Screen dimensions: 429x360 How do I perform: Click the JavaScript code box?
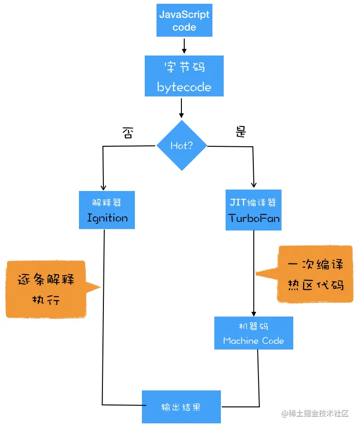pos(184,21)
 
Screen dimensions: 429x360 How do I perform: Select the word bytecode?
pos(184,87)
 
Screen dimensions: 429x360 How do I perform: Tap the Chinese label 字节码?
pos(184,67)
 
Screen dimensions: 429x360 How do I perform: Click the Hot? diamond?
pos(181,145)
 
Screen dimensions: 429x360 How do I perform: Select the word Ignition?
pos(107,218)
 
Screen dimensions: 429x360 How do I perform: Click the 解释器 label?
pos(107,202)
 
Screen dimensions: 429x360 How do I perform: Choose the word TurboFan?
pos(254,218)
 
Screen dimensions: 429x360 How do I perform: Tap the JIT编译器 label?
pos(254,203)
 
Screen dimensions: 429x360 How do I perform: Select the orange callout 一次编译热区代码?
pos(315,274)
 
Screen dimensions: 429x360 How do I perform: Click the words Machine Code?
pos(253,341)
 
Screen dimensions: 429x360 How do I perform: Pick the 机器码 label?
pos(253,326)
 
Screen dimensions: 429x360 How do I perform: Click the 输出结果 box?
pos(181,407)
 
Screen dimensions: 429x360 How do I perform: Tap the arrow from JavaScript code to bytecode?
pos(184,45)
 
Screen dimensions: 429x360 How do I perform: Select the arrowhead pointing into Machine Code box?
pos(254,313)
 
